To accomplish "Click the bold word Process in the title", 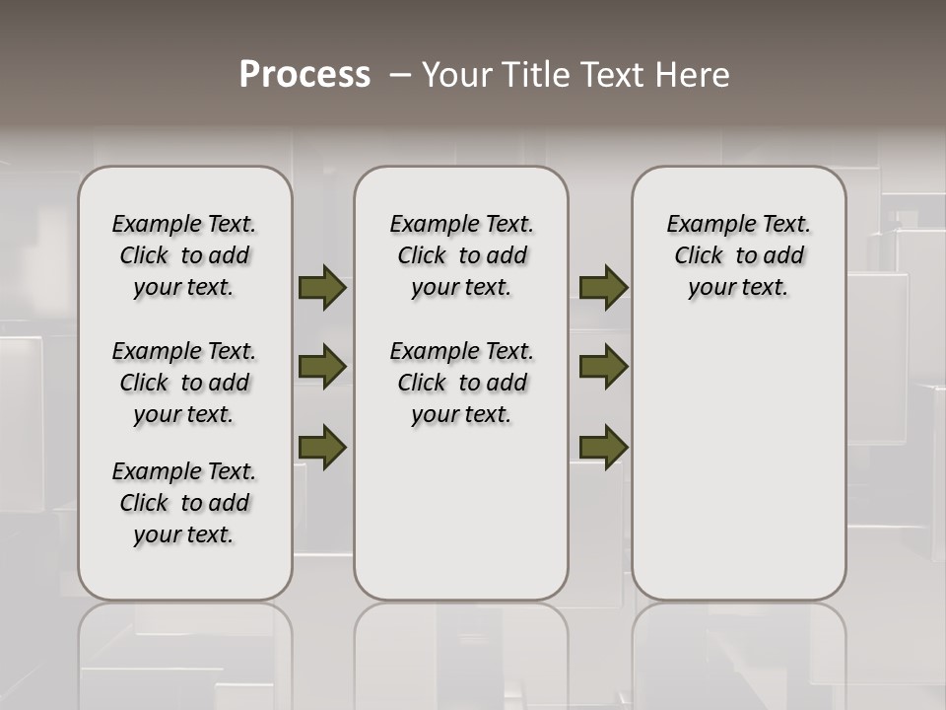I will click(x=304, y=75).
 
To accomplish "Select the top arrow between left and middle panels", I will click(x=322, y=288).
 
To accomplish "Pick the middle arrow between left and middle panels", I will click(x=322, y=367).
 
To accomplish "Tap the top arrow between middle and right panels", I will click(x=603, y=288).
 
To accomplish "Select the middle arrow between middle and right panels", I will click(x=603, y=367).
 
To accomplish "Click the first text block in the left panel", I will click(x=184, y=255).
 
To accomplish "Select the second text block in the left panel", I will click(x=184, y=383).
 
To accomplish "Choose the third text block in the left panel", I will click(x=184, y=503).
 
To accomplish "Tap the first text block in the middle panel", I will click(x=462, y=255).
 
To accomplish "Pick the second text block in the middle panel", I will click(x=462, y=383).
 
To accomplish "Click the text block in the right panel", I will click(x=739, y=255).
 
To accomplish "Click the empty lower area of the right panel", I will click(x=739, y=463).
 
